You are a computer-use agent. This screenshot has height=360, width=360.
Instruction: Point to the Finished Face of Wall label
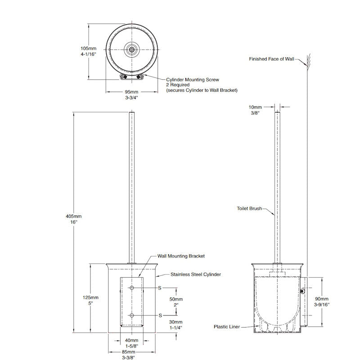(x=271, y=59)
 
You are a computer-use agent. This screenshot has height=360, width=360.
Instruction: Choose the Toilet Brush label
(x=248, y=208)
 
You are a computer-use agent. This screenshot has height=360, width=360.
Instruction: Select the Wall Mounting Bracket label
(x=180, y=256)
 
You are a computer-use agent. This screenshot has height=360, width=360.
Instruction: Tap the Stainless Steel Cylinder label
(x=195, y=274)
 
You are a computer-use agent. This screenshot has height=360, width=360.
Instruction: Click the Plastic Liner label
(x=227, y=327)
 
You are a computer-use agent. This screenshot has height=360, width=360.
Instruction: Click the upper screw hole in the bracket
(x=132, y=288)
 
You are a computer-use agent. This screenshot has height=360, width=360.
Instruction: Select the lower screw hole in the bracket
(x=132, y=315)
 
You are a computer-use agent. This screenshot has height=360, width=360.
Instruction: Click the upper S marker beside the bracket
(x=159, y=288)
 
